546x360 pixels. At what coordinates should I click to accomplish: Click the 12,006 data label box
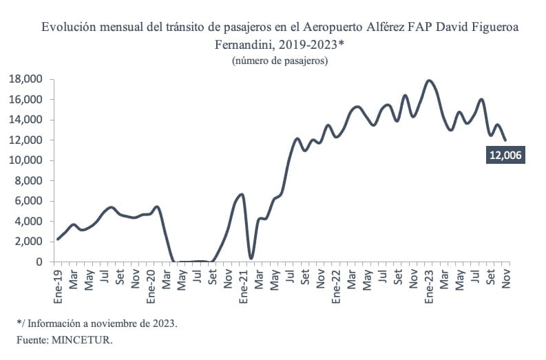[505, 156]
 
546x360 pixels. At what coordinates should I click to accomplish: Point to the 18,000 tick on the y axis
[25, 79]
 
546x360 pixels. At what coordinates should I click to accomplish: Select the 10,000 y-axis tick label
[25, 160]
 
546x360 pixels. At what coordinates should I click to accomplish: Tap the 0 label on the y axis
[39, 262]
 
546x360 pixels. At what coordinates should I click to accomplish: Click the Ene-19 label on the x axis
[59, 285]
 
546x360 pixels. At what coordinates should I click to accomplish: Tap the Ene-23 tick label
[428, 285]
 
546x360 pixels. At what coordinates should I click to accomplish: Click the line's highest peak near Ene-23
[430, 81]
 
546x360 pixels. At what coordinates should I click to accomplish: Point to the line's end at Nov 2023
[506, 140]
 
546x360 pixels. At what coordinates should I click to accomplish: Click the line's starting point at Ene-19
[58, 239]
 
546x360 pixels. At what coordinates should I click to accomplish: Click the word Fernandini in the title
[245, 45]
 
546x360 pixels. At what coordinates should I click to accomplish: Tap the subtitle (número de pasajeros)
[280, 61]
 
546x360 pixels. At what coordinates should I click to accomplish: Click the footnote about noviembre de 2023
[97, 322]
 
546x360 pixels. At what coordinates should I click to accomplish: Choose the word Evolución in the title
[67, 28]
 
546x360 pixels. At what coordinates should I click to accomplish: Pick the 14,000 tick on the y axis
[25, 120]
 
